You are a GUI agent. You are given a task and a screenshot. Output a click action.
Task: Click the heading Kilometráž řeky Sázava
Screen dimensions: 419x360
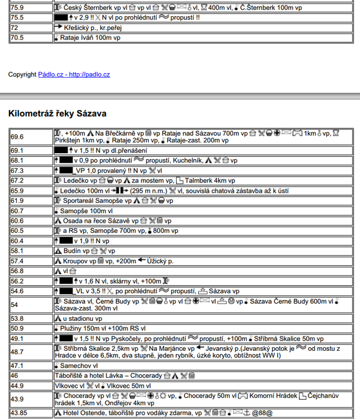click(x=58, y=113)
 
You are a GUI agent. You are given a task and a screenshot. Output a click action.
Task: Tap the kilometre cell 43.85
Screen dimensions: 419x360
click(x=19, y=413)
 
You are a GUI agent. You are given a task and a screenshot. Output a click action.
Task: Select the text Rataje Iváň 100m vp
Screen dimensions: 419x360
click(x=90, y=37)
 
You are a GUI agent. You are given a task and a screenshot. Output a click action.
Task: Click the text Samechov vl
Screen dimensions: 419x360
click(x=78, y=365)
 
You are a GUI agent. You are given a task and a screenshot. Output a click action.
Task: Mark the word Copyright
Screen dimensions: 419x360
click(x=22, y=75)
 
